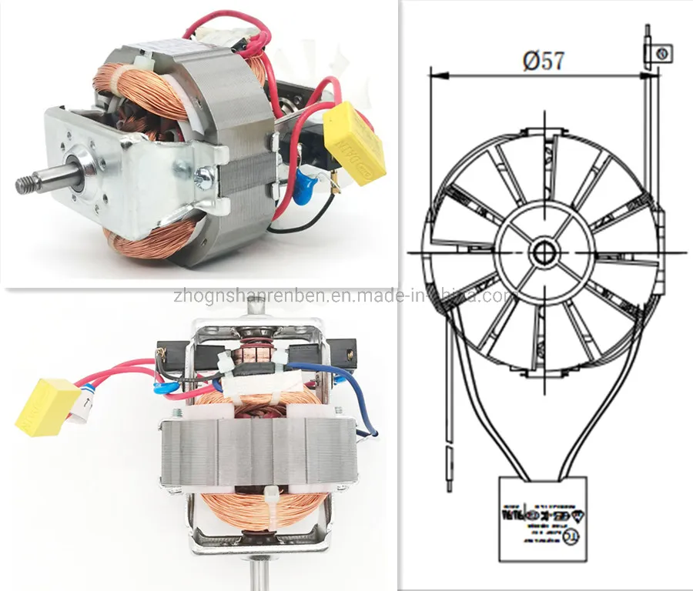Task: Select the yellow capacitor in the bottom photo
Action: (47, 406)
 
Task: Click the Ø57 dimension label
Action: (543, 61)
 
